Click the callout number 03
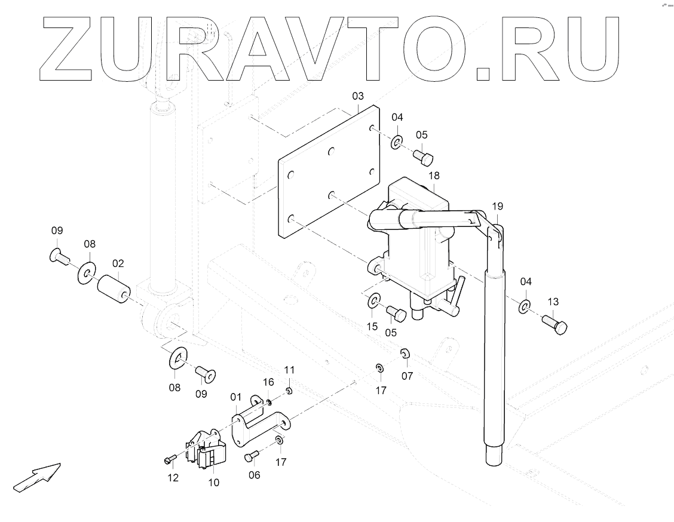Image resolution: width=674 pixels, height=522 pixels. click(357, 96)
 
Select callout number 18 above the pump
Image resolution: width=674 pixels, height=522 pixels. click(434, 176)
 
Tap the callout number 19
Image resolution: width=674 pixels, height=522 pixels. click(497, 207)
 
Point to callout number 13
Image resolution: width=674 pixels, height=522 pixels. click(552, 301)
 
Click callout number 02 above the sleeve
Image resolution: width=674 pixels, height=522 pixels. click(118, 263)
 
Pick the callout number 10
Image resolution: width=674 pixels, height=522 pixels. click(213, 482)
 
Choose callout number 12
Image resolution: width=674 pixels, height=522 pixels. click(173, 477)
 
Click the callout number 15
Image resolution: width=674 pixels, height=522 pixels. click(372, 326)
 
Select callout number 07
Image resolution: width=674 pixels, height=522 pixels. click(407, 376)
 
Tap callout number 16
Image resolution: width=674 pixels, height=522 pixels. click(268, 382)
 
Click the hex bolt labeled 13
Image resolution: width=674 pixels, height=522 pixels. click(555, 324)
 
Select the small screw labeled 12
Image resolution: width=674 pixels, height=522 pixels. click(168, 459)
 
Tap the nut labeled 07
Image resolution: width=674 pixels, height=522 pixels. click(404, 354)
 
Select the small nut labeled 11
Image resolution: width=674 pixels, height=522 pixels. click(288, 391)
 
